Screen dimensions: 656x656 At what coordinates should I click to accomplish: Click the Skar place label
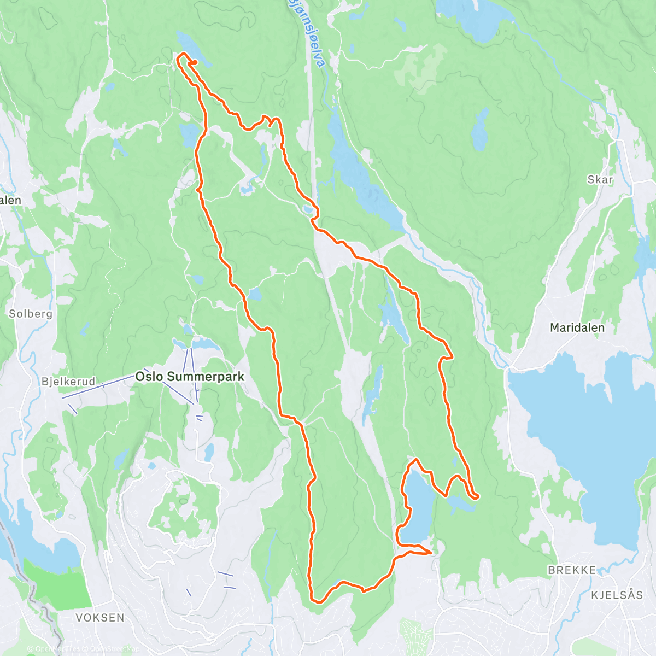(x=600, y=180)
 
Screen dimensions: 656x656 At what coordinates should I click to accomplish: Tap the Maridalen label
(x=577, y=328)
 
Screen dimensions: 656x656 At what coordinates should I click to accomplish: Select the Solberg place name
(x=31, y=314)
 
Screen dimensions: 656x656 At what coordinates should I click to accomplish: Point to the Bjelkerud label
(x=68, y=382)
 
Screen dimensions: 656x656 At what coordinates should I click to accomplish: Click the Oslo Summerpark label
(x=190, y=377)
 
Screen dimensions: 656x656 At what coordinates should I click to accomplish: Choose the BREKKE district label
(x=572, y=570)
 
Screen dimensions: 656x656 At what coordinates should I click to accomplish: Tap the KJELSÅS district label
(x=617, y=595)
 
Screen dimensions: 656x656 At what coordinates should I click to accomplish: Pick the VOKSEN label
(x=100, y=618)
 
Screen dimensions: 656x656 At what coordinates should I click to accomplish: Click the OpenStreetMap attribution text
(x=115, y=649)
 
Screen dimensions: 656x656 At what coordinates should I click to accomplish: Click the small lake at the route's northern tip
(x=191, y=46)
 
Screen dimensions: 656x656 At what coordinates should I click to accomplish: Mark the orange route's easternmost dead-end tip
(x=477, y=496)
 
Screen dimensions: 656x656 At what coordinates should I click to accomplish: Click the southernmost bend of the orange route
(x=316, y=601)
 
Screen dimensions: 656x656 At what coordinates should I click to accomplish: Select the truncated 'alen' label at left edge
(x=10, y=201)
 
